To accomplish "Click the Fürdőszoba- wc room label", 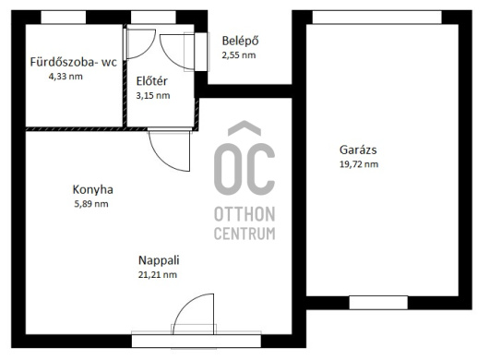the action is coord(73,62).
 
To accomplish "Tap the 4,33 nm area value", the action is coord(66,77).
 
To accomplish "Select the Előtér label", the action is coord(151,81).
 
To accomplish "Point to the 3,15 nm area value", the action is coord(153,95).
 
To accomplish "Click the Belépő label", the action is coord(240,41).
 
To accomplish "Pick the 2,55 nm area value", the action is coord(239,55).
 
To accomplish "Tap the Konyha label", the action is coord(92,189).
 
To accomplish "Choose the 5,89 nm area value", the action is coord(91,204).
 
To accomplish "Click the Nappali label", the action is coord(159,260).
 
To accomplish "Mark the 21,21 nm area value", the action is coord(158,275).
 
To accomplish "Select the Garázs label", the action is coord(358,150).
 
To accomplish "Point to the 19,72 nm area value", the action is coord(359,164).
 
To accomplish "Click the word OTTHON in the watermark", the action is coord(244,214).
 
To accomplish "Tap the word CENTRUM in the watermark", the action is coord(244,234).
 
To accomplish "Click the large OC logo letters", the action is coord(244,169).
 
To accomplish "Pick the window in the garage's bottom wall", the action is coord(378,303).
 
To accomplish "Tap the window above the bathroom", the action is coord(64,18).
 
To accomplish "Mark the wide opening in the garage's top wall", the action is coord(377,18).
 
